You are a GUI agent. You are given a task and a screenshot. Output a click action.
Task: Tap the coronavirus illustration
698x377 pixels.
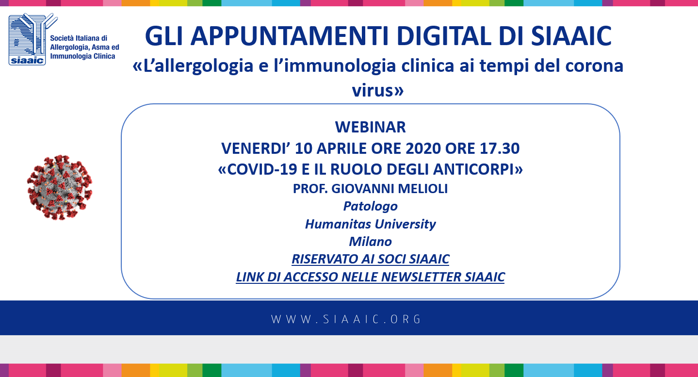[x=60, y=188]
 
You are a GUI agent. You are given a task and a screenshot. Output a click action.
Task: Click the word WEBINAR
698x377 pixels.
[x=370, y=127]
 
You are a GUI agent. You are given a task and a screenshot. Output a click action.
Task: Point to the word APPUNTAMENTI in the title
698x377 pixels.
[x=290, y=36]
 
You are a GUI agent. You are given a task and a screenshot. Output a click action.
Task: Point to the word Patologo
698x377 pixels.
[x=370, y=207]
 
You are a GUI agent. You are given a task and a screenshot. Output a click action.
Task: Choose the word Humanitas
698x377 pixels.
[x=338, y=224]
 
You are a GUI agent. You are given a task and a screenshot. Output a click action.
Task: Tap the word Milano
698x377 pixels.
[x=370, y=242]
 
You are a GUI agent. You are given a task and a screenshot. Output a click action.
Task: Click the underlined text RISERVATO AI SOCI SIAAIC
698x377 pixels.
[x=370, y=259]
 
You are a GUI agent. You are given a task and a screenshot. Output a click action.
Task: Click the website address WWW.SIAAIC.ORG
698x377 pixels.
[x=346, y=319]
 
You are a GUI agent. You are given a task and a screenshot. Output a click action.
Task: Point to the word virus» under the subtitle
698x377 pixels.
[x=378, y=91]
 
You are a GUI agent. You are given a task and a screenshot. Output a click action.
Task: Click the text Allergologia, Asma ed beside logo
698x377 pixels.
[x=85, y=48]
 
